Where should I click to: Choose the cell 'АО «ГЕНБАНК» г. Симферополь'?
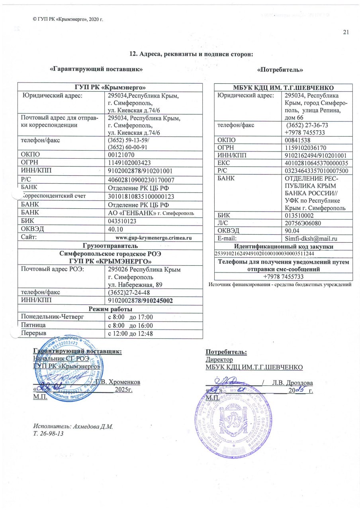coord(151,213)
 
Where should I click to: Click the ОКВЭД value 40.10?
coord(115,229)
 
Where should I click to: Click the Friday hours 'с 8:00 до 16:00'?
coord(131,325)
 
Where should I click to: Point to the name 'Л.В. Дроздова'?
coord(290,382)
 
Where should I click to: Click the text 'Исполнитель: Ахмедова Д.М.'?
coord(74,426)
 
